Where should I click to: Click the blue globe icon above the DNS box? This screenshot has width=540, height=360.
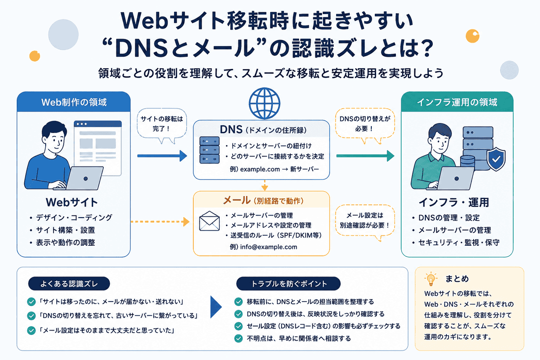point(265,103)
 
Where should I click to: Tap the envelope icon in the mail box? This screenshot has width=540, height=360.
point(209,221)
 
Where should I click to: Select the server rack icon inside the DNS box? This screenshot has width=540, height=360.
point(209,150)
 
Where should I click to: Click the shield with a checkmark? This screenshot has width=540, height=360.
point(496,159)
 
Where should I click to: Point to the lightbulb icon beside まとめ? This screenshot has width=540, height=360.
point(431,279)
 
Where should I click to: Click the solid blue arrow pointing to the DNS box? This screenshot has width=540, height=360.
point(162,156)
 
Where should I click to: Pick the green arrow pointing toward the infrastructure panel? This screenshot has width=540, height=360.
point(365,156)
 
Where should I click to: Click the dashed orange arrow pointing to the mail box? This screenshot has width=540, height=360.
point(160,222)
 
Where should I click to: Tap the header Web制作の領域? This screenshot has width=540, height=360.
point(74,102)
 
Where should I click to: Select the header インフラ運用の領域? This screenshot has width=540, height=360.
point(457,102)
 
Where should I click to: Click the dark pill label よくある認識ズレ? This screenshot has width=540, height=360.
point(69,284)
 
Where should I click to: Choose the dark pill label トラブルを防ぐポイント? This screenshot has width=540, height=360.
point(288,284)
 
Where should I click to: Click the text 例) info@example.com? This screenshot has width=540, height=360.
point(264,247)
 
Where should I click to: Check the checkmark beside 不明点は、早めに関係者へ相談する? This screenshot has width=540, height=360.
point(239,338)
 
